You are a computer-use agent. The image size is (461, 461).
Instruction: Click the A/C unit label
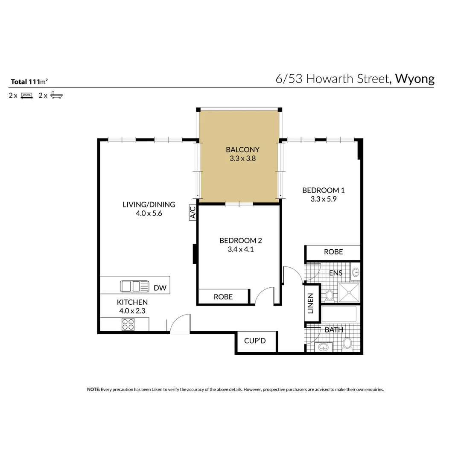193,212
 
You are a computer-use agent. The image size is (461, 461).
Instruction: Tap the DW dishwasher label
160,288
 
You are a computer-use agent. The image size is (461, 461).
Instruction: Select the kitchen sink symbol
134,286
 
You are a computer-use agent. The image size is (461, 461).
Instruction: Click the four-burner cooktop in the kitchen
128,324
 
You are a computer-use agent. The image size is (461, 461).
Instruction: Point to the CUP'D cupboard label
255,341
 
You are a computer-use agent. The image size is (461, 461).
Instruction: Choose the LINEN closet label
311,303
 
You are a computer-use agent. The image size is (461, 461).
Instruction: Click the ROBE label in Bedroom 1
333,252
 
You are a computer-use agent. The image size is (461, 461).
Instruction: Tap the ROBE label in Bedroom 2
223,297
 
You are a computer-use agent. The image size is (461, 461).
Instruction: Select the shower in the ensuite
349,292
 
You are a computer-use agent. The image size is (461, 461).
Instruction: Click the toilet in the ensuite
330,295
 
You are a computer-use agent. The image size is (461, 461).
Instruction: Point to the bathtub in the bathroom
339,314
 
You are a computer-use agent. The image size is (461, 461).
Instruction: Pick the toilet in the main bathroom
347,343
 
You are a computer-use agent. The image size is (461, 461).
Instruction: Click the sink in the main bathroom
324,347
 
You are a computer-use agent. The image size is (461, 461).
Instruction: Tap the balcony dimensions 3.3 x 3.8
242,158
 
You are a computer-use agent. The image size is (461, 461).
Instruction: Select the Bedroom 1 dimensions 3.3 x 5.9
324,199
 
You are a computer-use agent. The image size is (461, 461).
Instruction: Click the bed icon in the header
27,96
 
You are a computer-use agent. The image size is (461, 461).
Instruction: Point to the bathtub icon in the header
56,95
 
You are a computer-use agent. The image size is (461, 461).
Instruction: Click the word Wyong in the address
414,79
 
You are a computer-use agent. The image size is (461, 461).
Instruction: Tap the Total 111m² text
29,82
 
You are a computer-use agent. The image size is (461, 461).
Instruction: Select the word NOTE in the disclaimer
93,389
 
